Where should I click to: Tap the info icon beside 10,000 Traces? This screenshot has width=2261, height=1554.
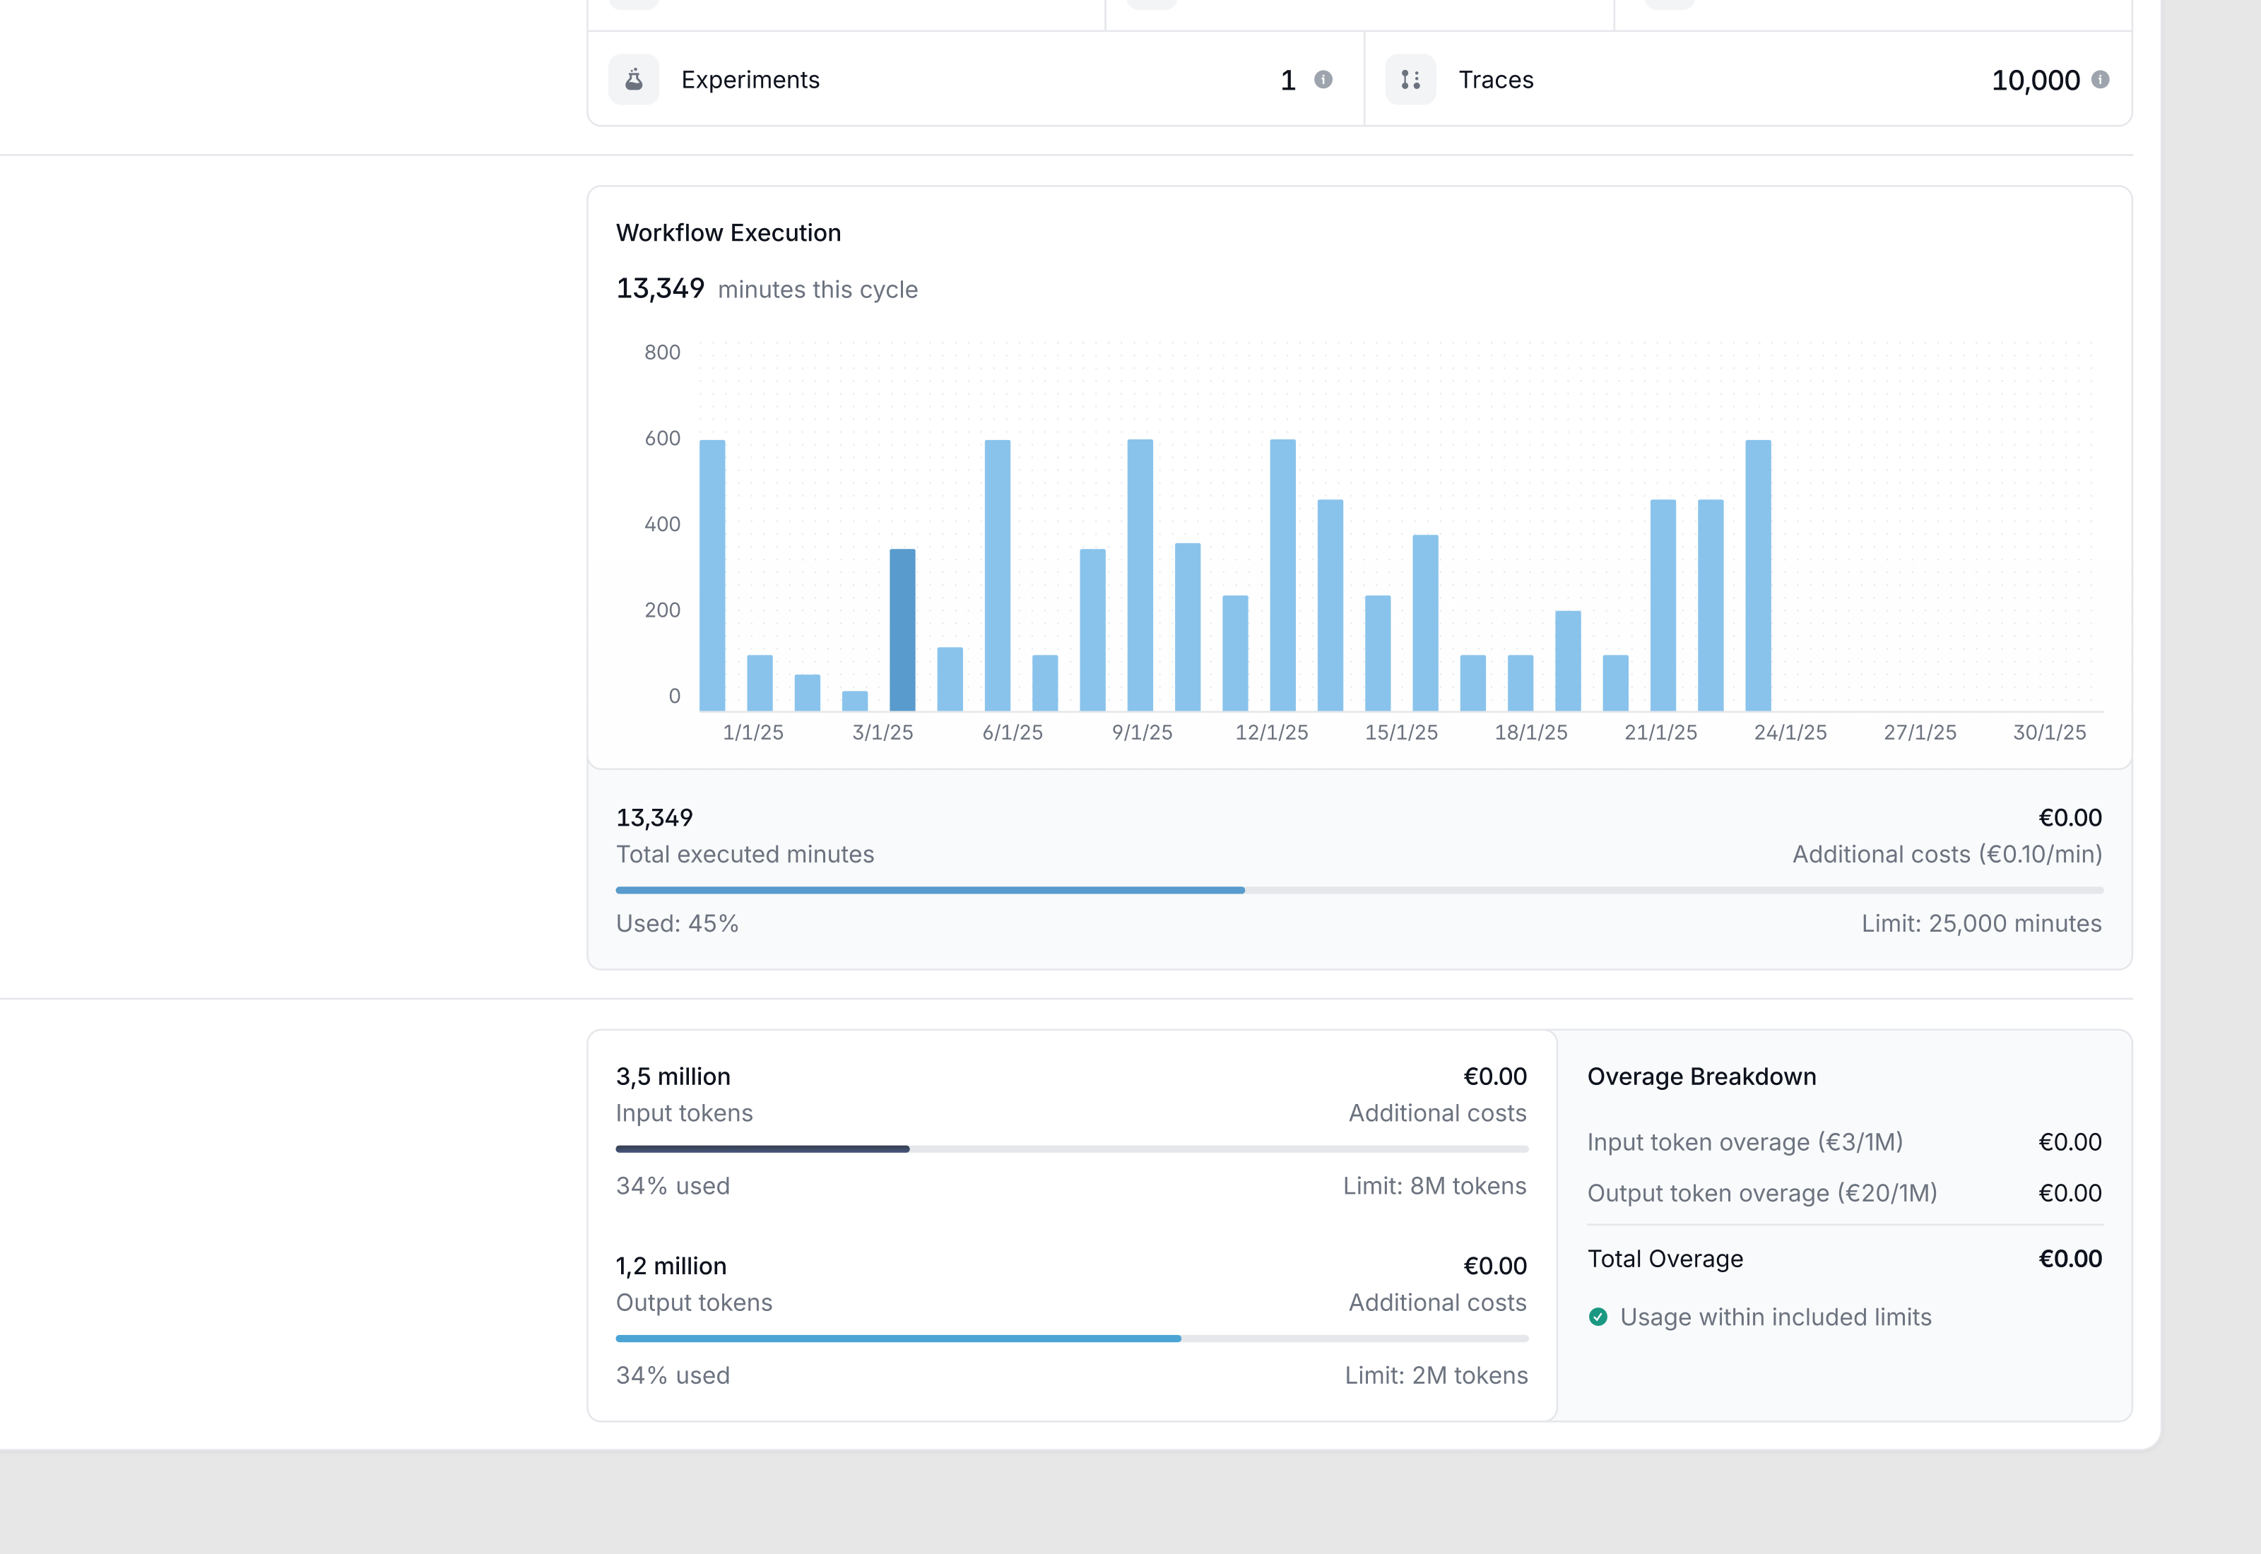point(2101,80)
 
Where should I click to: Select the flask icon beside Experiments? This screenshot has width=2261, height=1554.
point(634,80)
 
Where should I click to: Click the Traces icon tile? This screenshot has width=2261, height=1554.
point(1411,80)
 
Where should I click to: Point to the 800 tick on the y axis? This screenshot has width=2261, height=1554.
point(662,352)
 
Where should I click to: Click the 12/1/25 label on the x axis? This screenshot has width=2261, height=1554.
point(1272,732)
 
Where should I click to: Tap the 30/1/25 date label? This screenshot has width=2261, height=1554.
point(2049,732)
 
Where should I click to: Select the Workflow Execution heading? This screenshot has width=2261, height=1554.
point(728,232)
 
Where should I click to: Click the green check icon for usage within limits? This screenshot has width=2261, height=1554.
point(1598,1317)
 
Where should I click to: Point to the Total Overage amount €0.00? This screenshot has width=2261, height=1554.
point(2070,1259)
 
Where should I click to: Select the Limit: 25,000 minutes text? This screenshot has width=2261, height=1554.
point(1981,923)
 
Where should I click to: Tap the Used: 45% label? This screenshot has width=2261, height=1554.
point(677,923)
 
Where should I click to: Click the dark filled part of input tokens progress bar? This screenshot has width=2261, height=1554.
point(762,1149)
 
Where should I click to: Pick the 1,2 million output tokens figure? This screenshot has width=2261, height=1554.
point(671,1266)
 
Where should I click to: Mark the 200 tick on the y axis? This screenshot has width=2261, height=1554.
point(662,610)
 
